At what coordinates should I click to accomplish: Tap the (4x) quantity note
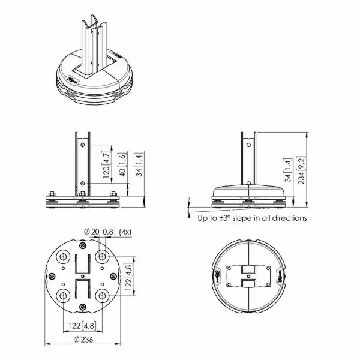tap(126, 231)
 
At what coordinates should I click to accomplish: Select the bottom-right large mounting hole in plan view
tap(101, 296)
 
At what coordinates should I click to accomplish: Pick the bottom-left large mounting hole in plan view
tap(63, 296)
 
